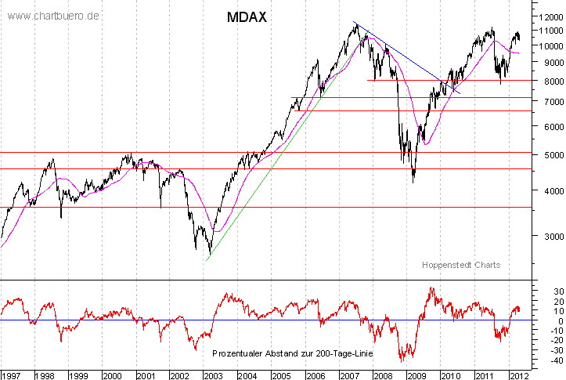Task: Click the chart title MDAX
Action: pyautogui.click(x=247, y=16)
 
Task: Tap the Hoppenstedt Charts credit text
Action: pyautogui.click(x=460, y=265)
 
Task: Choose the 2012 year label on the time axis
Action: pyautogui.click(x=517, y=374)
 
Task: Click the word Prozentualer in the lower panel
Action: pyautogui.click(x=239, y=354)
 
